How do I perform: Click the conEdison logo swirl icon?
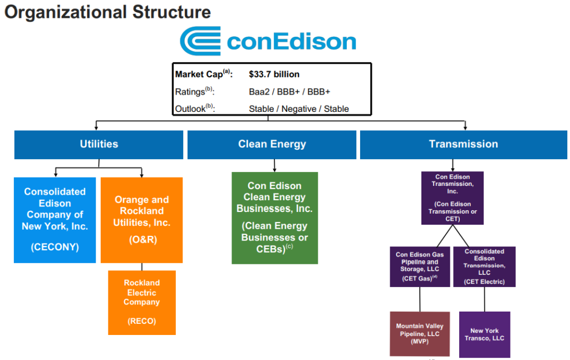(200, 41)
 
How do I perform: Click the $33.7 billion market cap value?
(274, 74)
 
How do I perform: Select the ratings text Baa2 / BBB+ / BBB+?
(289, 92)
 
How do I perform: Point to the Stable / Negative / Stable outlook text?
(298, 109)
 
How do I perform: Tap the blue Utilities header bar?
(99, 145)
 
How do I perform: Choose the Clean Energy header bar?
(272, 145)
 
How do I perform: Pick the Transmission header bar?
(464, 145)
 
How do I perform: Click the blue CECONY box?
(55, 220)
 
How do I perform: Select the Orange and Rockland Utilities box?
(142, 220)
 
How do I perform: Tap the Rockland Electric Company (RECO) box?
(142, 303)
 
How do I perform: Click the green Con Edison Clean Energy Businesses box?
(275, 218)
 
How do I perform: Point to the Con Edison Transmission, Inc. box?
(453, 198)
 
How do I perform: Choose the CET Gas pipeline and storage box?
(420, 267)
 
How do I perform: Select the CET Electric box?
(484, 267)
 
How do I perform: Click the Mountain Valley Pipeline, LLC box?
(420, 334)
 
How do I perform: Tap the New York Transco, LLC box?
(485, 334)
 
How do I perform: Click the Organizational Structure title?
(107, 12)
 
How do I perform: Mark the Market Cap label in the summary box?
(204, 74)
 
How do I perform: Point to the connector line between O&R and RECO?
(142, 267)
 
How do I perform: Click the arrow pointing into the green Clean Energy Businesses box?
(274, 165)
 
